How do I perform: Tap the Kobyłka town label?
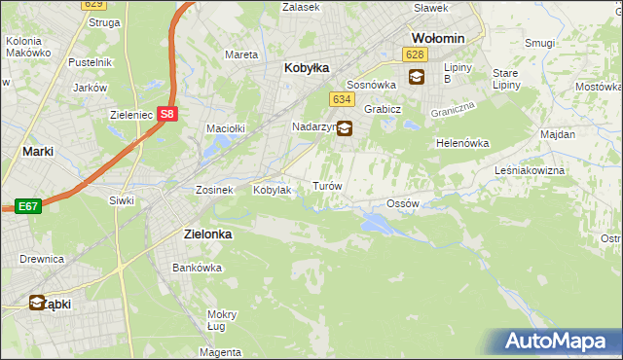pos(307,68)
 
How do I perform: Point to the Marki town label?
pos(37,152)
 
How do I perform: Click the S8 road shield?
pos(167,114)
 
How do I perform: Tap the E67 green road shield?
pos(26,206)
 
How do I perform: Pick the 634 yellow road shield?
pos(340,99)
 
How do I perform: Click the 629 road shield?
pos(94,5)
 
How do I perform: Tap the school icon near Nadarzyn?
pos(345,127)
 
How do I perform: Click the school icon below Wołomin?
pos(417,77)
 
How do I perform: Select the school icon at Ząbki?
pos(37,303)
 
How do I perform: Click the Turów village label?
pos(325,185)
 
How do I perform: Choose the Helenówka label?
pos(461,143)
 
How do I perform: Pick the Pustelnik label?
pos(87,61)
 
